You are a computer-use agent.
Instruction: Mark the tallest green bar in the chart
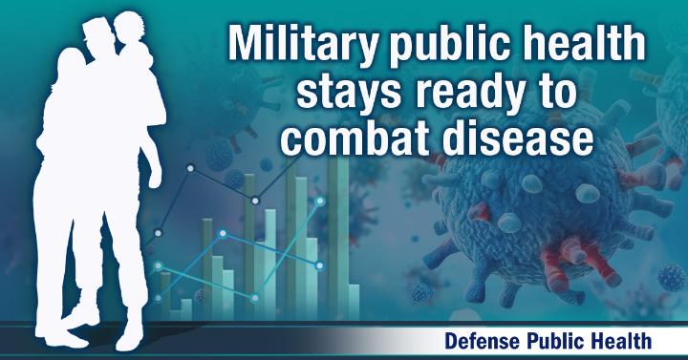click(338, 238)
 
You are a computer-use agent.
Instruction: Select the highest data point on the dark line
click(190, 168)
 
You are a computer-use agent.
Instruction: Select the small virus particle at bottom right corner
click(672, 277)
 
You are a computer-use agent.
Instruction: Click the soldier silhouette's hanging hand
click(155, 178)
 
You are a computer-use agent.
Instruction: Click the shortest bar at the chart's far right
click(354, 302)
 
